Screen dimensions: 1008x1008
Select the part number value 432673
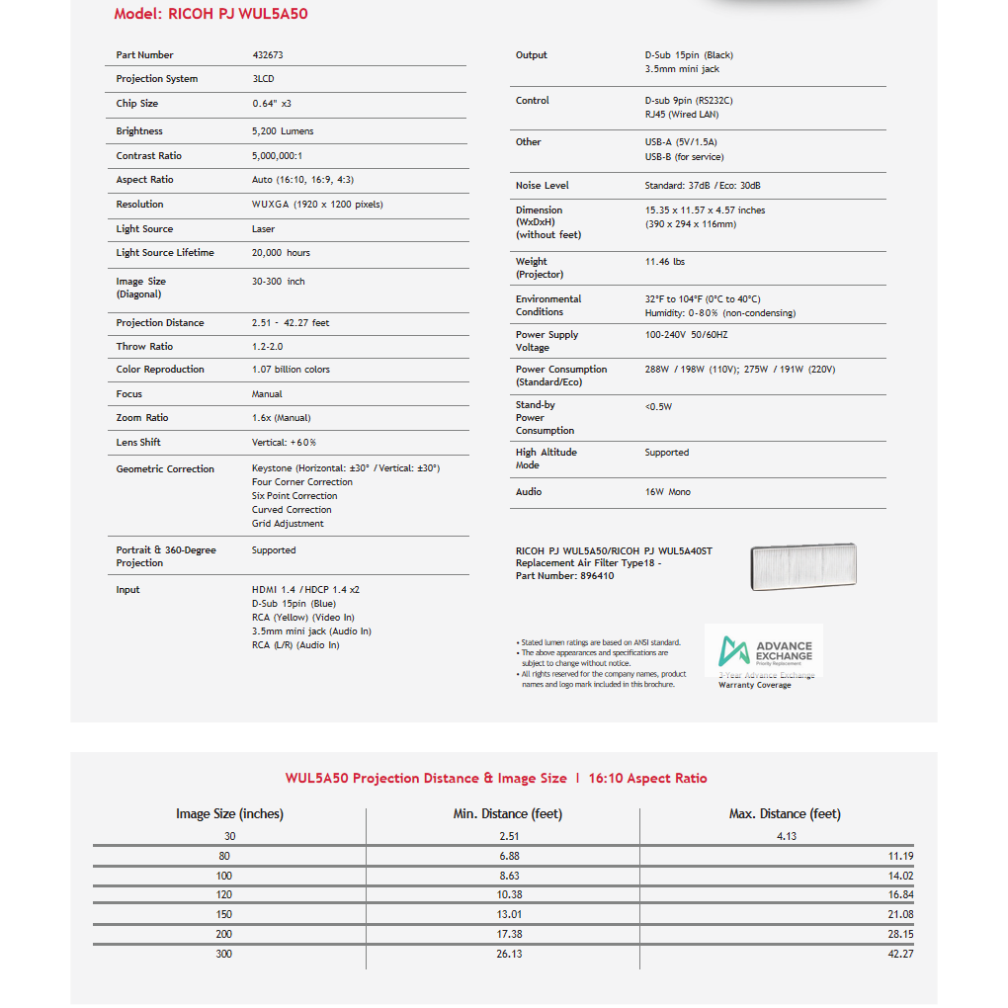pyautogui.click(x=267, y=55)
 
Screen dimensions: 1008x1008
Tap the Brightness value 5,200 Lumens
pyautogui.click(x=283, y=130)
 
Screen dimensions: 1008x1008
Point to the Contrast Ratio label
pyautogui.click(x=148, y=155)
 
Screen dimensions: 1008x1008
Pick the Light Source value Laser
pyautogui.click(x=263, y=229)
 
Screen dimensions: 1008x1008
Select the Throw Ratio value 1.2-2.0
pyautogui.click(x=267, y=347)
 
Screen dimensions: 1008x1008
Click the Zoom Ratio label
pyautogui.click(x=142, y=418)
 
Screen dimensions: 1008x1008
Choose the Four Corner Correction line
pyautogui.click(x=301, y=482)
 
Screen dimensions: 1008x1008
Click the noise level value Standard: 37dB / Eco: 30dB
pyautogui.click(x=703, y=186)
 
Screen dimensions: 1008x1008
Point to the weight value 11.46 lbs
pyautogui.click(x=664, y=262)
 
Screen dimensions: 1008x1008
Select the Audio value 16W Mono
pyautogui.click(x=667, y=492)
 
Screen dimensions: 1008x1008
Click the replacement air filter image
pyautogui.click(x=802, y=566)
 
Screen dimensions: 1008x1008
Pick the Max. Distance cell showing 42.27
pyautogui.click(x=900, y=954)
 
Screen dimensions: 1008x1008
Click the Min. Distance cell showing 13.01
pyautogui.click(x=510, y=914)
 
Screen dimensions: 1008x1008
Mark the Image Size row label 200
pyautogui.click(x=224, y=934)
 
